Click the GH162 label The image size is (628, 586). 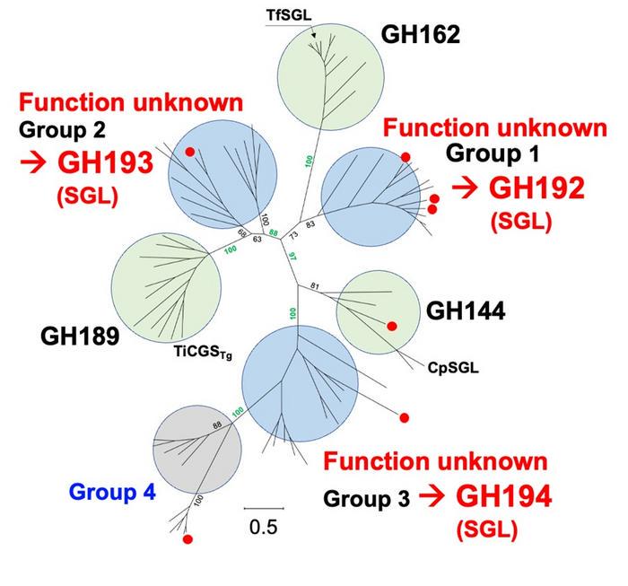pos(421,35)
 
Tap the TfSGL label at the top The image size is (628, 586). pos(289,15)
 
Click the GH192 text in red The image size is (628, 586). pos(536,188)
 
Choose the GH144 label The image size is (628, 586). pos(466,311)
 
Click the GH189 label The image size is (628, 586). pos(80,337)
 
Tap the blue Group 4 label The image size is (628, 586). pos(112,492)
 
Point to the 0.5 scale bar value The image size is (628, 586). pos(263,527)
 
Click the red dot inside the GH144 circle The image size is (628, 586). pos(391,326)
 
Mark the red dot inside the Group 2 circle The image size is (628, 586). pos(189,153)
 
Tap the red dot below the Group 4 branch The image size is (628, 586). pos(188,539)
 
